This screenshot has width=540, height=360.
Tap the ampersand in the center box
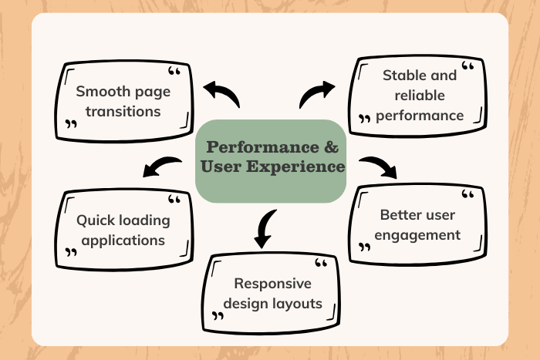[328, 146]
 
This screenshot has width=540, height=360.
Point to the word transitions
[123, 111]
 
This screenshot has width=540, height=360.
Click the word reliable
[420, 95]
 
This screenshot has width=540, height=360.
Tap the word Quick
[94, 220]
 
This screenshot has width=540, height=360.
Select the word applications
[123, 240]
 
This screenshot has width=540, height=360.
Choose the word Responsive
[272, 283]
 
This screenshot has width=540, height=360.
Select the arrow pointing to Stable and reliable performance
[316, 94]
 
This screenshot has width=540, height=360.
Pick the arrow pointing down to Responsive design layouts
[265, 228]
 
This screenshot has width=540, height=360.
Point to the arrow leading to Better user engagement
[378, 166]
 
